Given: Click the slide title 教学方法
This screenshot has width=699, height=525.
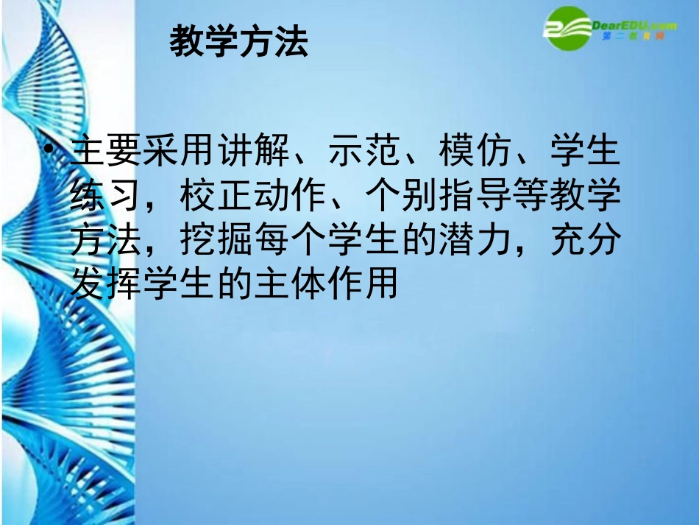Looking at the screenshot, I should (238, 42).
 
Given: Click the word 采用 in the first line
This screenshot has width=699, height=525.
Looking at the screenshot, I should (181, 152).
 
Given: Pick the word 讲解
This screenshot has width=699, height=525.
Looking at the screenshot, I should (255, 152).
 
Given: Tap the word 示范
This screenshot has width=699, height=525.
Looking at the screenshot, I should (365, 152).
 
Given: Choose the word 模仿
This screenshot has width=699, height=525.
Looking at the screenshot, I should (475, 152).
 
